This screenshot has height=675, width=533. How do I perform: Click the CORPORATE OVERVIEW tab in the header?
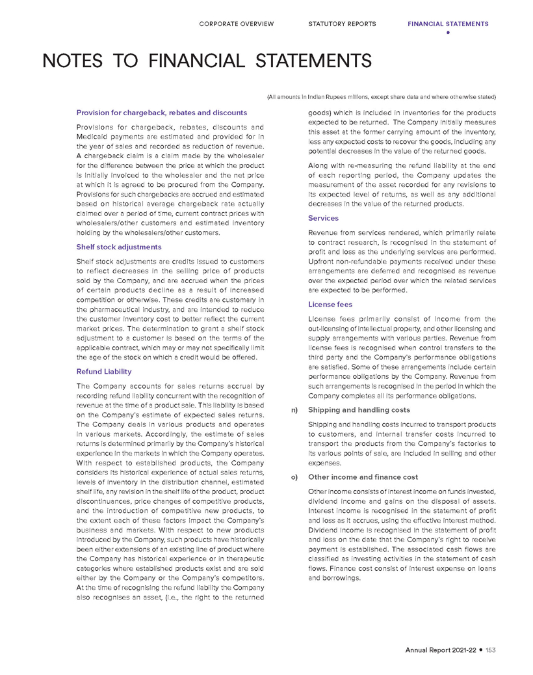236,24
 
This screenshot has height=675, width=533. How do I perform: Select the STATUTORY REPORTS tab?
342,24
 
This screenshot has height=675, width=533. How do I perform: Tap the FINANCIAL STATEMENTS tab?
448,24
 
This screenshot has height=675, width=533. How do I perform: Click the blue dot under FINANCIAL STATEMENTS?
448,33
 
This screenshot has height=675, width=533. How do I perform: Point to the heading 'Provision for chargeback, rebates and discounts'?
162,113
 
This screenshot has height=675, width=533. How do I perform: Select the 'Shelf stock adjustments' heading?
119,247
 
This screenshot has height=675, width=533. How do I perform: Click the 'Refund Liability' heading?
104,372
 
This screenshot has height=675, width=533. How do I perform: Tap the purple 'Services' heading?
323,219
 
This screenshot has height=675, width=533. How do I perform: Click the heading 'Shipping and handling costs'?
359,410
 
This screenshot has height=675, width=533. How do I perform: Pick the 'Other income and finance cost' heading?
362,477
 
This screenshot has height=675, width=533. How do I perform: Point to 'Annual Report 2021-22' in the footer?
441,650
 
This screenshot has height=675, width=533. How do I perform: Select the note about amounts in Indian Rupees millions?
382,97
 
